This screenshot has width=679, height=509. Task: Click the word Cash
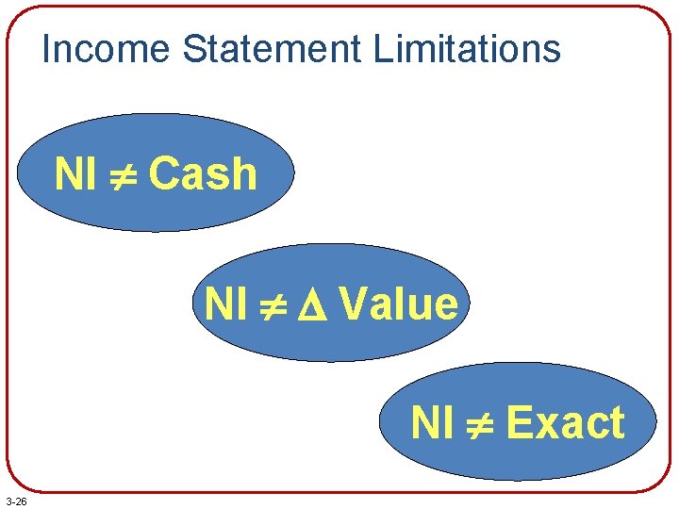pyautogui.click(x=203, y=174)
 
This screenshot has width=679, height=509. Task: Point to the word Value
pyautogui.click(x=399, y=304)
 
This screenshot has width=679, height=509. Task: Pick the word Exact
pyautogui.click(x=565, y=422)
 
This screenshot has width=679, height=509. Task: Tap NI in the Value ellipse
pyautogui.click(x=225, y=304)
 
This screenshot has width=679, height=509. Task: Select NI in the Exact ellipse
pyautogui.click(x=432, y=422)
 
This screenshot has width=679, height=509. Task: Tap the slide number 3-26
pyautogui.click(x=15, y=501)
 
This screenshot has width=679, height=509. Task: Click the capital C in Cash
pyautogui.click(x=164, y=174)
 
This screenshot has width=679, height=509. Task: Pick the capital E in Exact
pyautogui.click(x=519, y=422)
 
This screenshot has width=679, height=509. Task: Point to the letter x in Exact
pyautogui.click(x=549, y=425)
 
